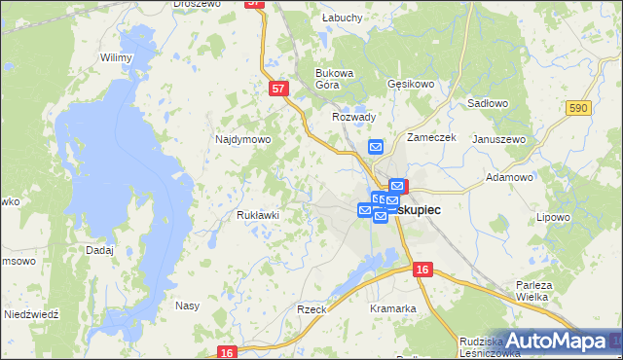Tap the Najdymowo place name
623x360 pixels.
point(242,139)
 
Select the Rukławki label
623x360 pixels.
point(258,215)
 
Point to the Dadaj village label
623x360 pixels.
point(99,250)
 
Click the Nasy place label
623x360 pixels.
point(187,306)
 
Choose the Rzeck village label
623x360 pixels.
point(311,308)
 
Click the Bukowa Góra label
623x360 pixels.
point(333,78)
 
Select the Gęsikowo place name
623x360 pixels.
point(410,85)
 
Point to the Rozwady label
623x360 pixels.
point(353,117)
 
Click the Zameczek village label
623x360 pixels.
point(432,138)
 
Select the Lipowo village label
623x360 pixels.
point(552,217)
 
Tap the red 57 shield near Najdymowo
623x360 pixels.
point(279,89)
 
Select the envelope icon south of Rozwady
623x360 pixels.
point(377,147)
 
